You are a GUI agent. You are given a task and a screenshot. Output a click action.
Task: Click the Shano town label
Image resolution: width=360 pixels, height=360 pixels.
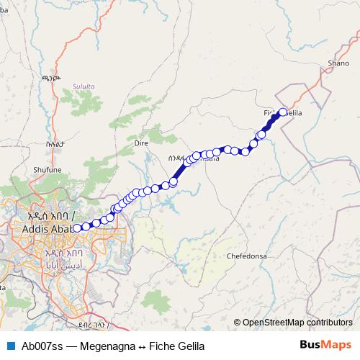coord(338,63)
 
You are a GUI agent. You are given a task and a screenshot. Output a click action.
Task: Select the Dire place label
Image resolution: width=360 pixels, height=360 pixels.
coord(141,143)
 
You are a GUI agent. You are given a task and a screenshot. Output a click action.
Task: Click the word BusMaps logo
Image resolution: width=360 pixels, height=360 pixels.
coord(325,345)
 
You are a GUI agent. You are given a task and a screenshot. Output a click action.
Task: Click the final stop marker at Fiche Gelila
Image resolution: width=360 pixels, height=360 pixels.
coord(283,112)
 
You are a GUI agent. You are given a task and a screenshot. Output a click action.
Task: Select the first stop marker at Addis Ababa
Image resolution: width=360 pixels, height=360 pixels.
coord(77,229)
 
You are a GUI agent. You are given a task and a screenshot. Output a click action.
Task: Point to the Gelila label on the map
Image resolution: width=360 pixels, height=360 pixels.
coord(294,114)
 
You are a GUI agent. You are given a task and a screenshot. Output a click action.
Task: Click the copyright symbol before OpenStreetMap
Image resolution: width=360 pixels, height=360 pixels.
coord(238,322)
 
